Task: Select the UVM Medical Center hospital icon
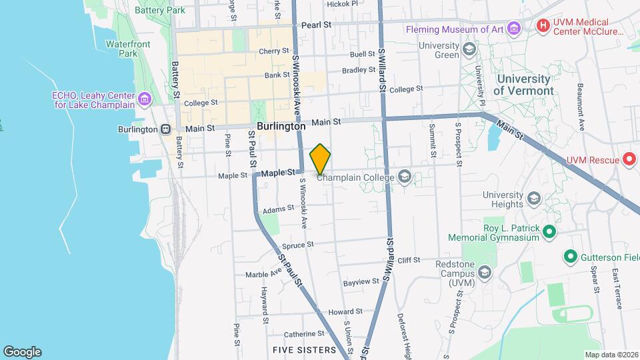543,26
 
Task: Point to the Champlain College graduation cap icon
403,177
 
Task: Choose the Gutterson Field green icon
570,256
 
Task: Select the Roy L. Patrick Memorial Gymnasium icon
549,232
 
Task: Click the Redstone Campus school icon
484,272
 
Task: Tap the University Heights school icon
533,199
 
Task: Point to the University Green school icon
469,49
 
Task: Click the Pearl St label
316,25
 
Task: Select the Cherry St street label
273,51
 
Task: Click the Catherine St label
303,333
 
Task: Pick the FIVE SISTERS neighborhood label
305,349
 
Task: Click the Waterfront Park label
128,49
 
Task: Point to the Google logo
22,351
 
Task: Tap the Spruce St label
297,245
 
